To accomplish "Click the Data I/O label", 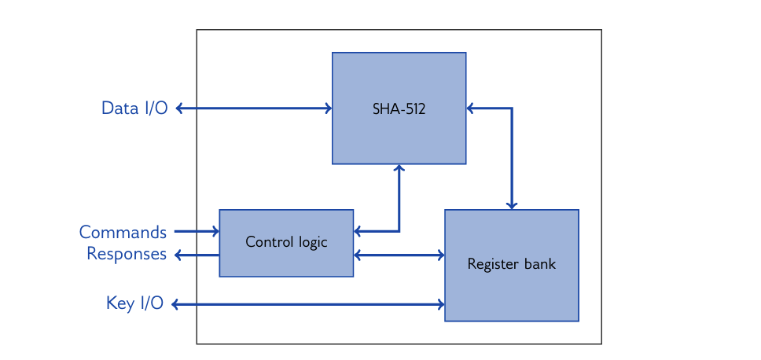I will pos(134,108).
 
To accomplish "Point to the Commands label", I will pos(123,232).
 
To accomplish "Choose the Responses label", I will pos(127,254).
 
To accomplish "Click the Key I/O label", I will pos(134,303).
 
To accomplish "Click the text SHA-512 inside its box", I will pos(399,109).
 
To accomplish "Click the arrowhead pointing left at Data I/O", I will pos(179,108).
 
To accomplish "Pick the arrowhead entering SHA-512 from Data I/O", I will pos(328,108).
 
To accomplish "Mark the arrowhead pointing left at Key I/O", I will pos(175,304).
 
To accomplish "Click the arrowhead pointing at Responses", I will pos(178,255).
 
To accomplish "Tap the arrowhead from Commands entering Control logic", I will pos(215,231).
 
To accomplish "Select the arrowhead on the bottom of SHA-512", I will pos(399,168).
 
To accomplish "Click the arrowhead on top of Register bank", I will pos(512,205).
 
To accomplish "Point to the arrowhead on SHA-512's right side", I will pos(471,108).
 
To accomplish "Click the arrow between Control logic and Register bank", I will pos(399,255).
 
